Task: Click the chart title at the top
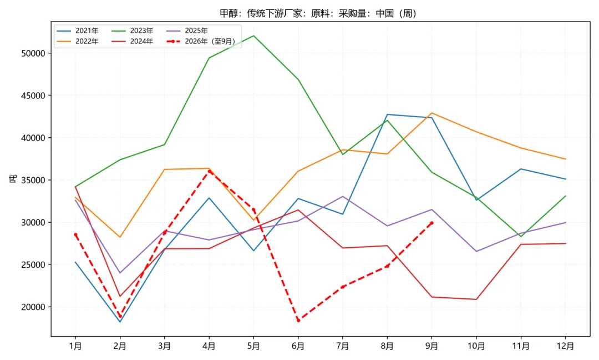pos(318,13)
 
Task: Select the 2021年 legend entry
pos(78,31)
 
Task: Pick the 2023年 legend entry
pos(132,31)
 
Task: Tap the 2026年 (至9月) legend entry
pos(201,41)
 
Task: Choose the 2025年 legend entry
pos(187,31)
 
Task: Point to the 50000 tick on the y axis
pos(33,53)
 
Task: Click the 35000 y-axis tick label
pos(33,180)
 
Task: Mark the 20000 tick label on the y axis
pos(33,307)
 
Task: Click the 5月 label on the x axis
pos(253,346)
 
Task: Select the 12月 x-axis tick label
pos(565,346)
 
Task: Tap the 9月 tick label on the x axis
pos(432,346)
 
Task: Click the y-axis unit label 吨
pos(13,179)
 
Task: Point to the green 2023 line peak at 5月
pos(253,36)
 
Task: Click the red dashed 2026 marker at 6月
pos(298,321)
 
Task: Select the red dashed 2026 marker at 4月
pos(209,172)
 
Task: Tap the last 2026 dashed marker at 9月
pos(432,223)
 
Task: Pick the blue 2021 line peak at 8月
pos(387,114)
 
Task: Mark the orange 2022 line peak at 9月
pos(432,113)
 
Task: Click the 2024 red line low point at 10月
pos(476,299)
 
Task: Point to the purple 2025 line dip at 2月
pos(120,273)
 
